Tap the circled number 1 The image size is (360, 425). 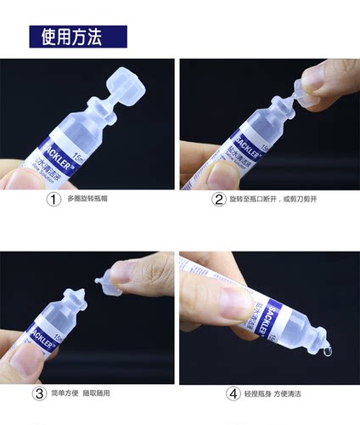tap(54, 200)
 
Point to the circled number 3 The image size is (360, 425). tap(39, 394)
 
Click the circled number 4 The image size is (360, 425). tap(233, 394)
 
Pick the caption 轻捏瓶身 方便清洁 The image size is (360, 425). tap(277, 394)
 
